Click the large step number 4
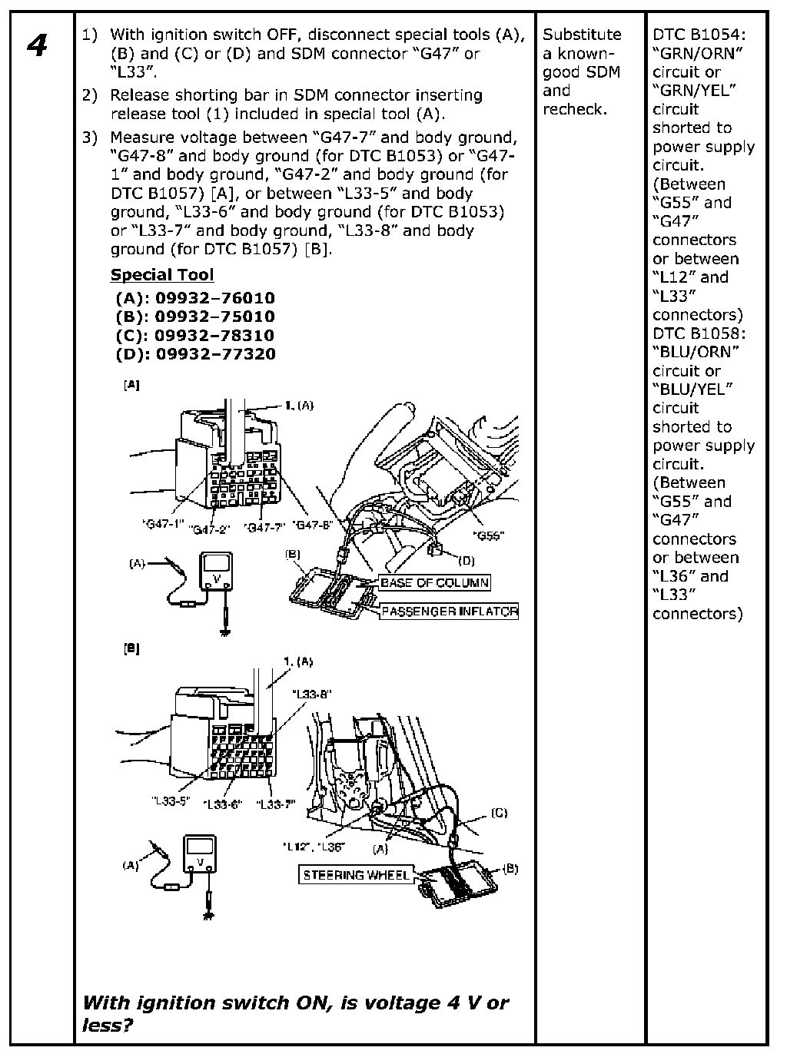[x=37, y=47]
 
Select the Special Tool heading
[x=162, y=275]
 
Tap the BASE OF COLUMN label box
[x=434, y=582]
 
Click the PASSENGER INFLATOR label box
[x=450, y=612]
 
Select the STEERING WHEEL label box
[x=356, y=875]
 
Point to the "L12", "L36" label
[x=314, y=847]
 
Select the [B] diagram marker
[x=131, y=649]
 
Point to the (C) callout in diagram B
[x=499, y=813]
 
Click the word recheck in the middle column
[x=573, y=109]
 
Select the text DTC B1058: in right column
[x=699, y=333]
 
